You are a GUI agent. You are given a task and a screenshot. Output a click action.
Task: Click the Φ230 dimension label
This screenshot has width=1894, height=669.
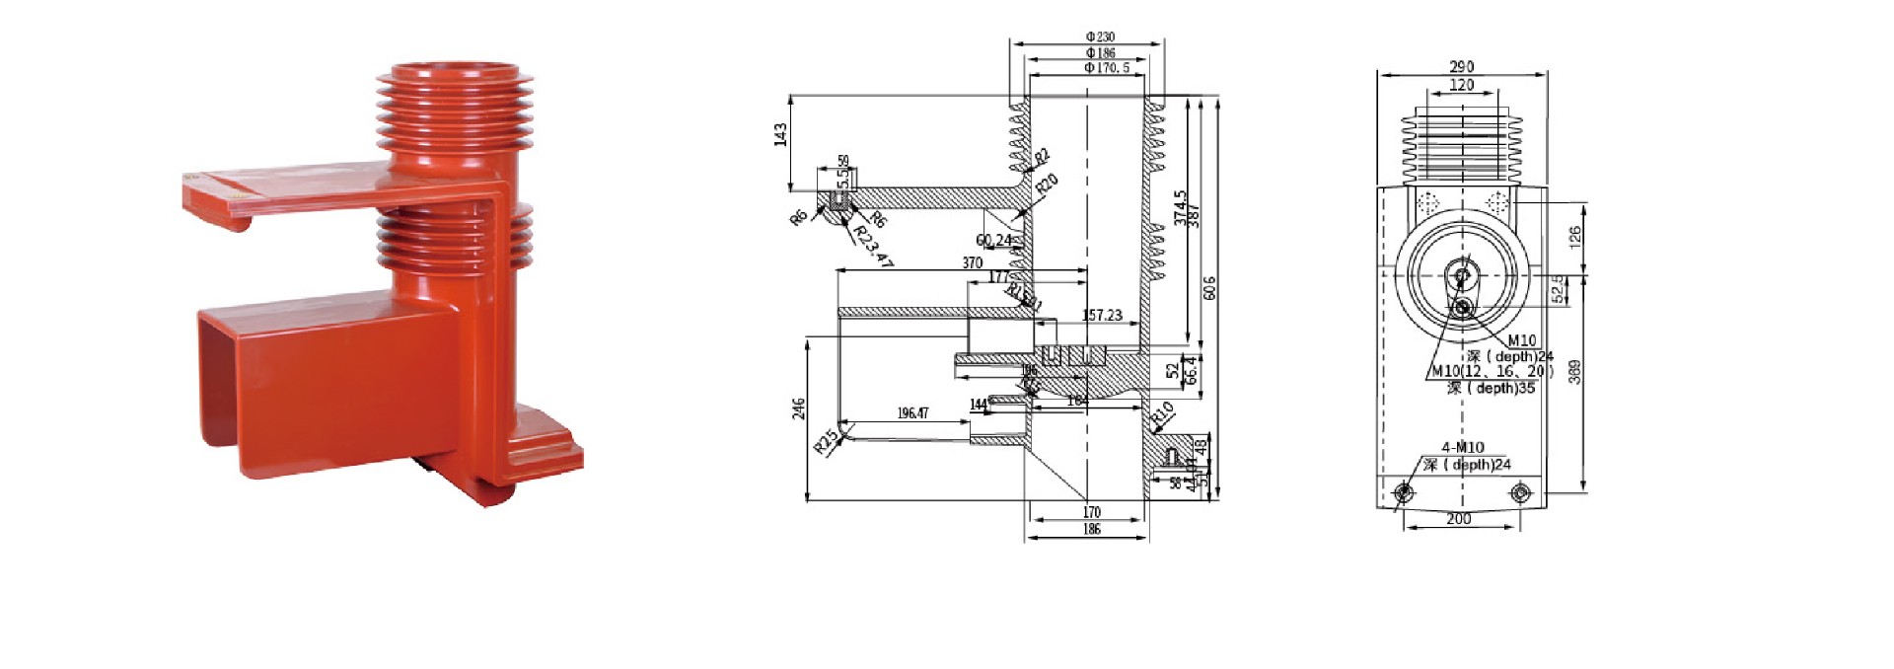point(1100,37)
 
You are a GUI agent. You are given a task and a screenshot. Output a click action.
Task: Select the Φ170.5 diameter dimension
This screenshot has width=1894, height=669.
point(1107,68)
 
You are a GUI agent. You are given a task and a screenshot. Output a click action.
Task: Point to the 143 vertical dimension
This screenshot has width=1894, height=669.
point(781,134)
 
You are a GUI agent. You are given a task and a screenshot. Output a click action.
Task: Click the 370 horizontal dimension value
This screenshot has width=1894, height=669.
point(972,263)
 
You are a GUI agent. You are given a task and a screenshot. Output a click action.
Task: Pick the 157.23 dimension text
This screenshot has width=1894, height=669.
point(1102,316)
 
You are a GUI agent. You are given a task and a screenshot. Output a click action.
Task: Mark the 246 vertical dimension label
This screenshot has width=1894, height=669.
point(799,409)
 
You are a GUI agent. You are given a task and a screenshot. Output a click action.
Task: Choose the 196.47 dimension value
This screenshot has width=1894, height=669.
point(912,413)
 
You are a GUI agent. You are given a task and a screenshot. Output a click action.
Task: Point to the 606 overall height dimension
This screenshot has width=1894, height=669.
point(1210,288)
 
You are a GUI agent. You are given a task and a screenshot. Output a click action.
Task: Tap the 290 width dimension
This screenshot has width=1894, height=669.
point(1462,67)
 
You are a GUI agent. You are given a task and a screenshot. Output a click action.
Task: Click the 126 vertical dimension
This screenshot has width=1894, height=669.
point(1575,235)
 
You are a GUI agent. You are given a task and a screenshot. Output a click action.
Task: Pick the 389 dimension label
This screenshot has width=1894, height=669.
point(1575,372)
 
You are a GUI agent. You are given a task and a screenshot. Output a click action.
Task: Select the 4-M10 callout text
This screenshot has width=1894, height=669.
point(1462,447)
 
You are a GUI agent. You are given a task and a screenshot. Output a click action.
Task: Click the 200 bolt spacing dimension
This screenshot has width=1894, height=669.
point(1458,519)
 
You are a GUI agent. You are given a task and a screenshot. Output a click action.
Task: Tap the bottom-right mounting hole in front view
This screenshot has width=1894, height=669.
point(1520,491)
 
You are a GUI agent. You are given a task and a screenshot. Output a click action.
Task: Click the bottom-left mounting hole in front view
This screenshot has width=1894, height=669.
point(1403,491)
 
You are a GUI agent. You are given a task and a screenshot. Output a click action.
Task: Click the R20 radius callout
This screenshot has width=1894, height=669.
point(1047,185)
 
